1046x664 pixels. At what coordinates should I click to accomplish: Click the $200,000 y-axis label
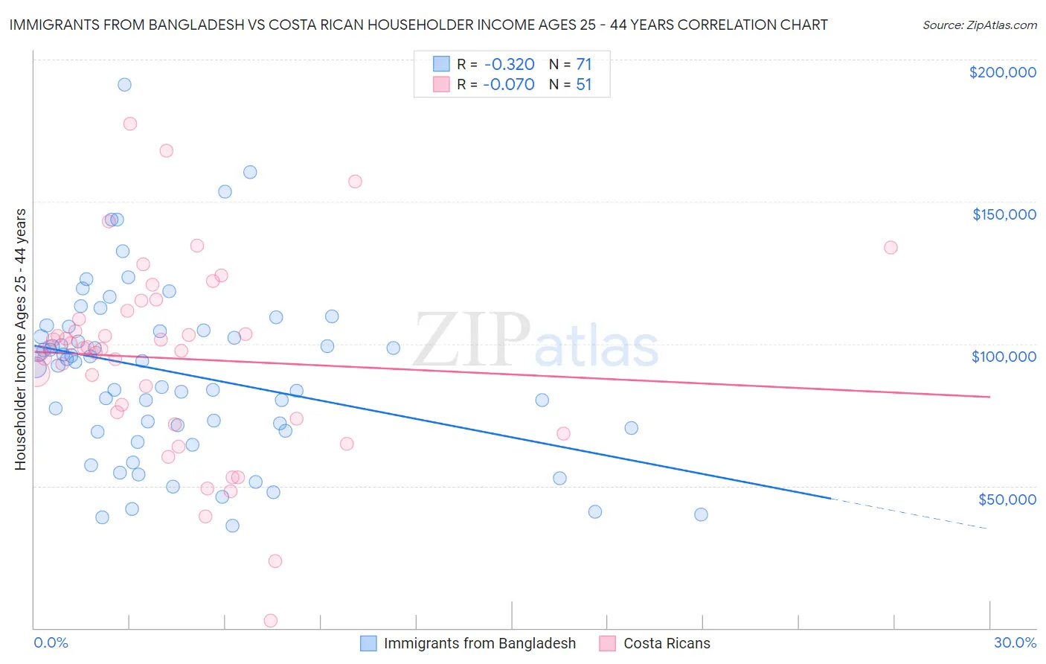pos(1002,72)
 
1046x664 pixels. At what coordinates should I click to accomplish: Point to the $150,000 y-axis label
pos(1004,214)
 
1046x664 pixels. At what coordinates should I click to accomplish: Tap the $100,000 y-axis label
pos(1004,357)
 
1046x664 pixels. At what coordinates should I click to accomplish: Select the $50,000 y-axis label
pos(1007,499)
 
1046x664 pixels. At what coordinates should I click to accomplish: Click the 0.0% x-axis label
pos(51,642)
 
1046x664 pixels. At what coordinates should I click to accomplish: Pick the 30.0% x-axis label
pos(1015,642)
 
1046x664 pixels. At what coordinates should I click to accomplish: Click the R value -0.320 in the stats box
pos(509,64)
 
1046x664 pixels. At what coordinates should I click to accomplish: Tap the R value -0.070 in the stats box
pos(509,84)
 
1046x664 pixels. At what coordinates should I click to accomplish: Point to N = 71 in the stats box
pos(570,64)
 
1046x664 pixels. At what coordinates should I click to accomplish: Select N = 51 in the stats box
pos(570,84)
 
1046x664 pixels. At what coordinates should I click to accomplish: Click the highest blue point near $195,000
pos(124,85)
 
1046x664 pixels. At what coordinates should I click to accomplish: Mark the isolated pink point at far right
pos(891,247)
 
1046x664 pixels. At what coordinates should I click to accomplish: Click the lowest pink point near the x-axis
pos(271,621)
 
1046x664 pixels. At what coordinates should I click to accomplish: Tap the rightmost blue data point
pos(701,514)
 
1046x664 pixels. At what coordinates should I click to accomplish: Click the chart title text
pos(417,25)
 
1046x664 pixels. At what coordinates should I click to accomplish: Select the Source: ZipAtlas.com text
pos(979,25)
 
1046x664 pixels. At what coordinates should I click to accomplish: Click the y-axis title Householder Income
pos(20,339)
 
